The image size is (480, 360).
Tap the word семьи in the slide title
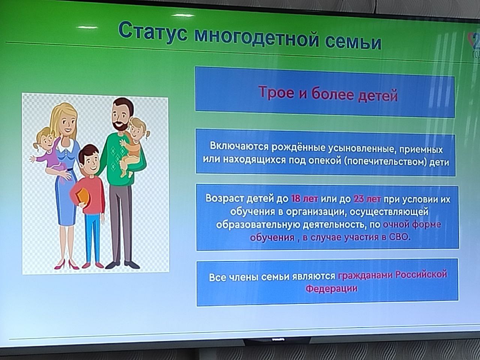[x=353, y=42]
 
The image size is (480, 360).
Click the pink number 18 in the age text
[x=295, y=199]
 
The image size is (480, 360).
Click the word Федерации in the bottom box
[x=331, y=288]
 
